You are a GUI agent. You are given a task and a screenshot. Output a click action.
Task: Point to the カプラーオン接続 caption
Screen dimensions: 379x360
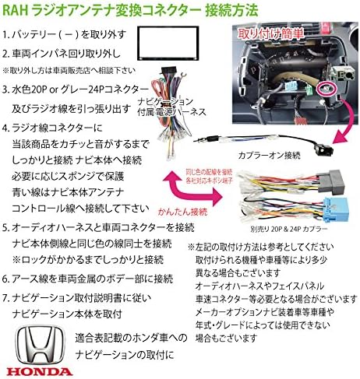click(249, 153)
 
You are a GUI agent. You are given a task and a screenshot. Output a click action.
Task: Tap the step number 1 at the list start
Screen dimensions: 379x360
click(7, 35)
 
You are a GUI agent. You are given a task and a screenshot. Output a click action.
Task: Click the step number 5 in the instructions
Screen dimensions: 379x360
click(7, 227)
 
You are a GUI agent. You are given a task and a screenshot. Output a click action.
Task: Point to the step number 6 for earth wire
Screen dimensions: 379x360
click(7, 278)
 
